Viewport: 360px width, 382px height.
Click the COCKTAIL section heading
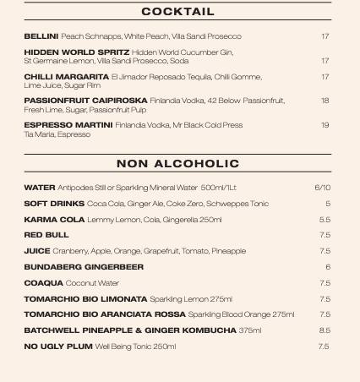[x=177, y=12]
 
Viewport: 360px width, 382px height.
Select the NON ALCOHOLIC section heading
[x=177, y=163]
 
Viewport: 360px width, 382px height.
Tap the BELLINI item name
[x=41, y=36]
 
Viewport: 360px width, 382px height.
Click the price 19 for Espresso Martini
[x=325, y=125]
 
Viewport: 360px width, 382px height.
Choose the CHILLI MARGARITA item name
[x=66, y=77]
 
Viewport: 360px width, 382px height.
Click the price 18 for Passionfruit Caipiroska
[x=325, y=101]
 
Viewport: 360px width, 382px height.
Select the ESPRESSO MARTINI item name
[x=68, y=125]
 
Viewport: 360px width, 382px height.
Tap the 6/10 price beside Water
[x=322, y=188]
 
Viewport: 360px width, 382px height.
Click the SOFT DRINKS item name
[x=54, y=204]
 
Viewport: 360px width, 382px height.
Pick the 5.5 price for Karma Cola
[x=325, y=220]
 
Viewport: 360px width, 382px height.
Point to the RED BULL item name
[x=46, y=235]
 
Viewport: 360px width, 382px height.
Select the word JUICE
[x=36, y=251]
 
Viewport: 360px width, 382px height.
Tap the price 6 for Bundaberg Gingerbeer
[x=327, y=267]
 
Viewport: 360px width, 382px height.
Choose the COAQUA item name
[x=43, y=283]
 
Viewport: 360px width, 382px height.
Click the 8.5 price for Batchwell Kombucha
[x=325, y=330]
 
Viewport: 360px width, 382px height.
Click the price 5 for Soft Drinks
[x=327, y=204]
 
